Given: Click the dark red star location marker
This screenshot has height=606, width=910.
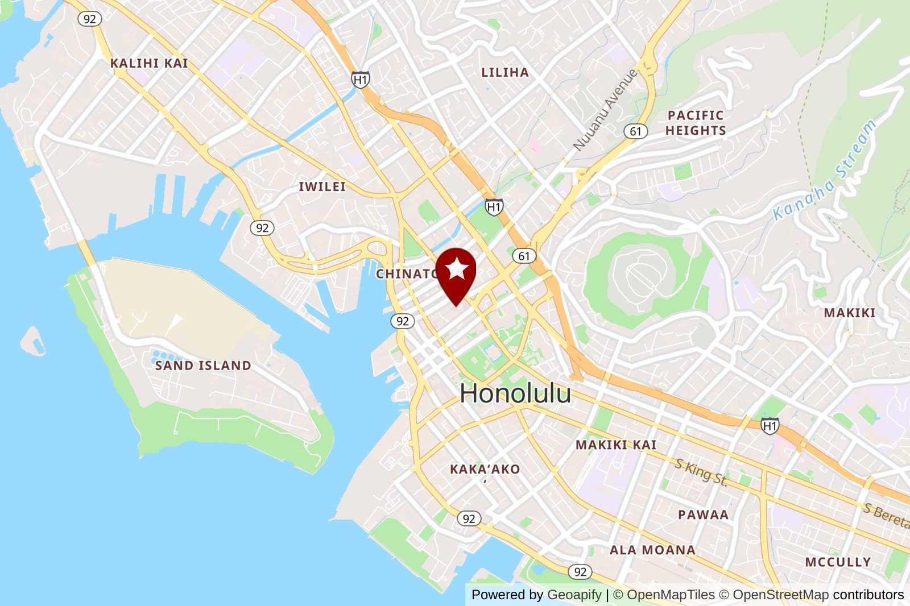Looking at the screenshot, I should (456, 271).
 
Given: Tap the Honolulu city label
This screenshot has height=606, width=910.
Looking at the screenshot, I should (515, 393).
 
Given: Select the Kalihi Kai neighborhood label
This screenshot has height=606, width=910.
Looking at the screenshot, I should (149, 63).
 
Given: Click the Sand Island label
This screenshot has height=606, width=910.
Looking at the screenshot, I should (203, 366).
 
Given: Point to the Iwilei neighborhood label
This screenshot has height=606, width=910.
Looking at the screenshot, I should (322, 186).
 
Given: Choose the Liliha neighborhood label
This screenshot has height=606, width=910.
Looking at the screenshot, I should (505, 72).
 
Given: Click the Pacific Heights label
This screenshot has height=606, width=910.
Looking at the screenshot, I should (696, 123).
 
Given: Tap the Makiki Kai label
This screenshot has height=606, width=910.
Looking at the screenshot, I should (616, 445).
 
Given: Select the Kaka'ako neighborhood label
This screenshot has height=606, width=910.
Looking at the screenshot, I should (485, 470).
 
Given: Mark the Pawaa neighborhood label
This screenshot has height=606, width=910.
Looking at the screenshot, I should (703, 514).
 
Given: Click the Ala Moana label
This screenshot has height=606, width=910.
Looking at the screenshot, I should (652, 550).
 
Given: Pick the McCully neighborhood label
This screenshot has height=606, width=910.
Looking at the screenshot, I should (838, 562).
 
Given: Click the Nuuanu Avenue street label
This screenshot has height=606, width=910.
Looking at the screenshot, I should (605, 110).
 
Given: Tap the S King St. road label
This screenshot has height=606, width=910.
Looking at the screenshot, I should (701, 472).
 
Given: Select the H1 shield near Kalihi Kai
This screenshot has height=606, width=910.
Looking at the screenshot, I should (360, 80).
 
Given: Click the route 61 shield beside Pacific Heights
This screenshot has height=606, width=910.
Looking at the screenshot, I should (635, 131).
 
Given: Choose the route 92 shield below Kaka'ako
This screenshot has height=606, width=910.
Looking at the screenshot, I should (469, 518).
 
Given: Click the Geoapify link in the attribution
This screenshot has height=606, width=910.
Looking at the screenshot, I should (574, 595).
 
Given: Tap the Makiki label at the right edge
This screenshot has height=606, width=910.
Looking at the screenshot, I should (849, 313).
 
